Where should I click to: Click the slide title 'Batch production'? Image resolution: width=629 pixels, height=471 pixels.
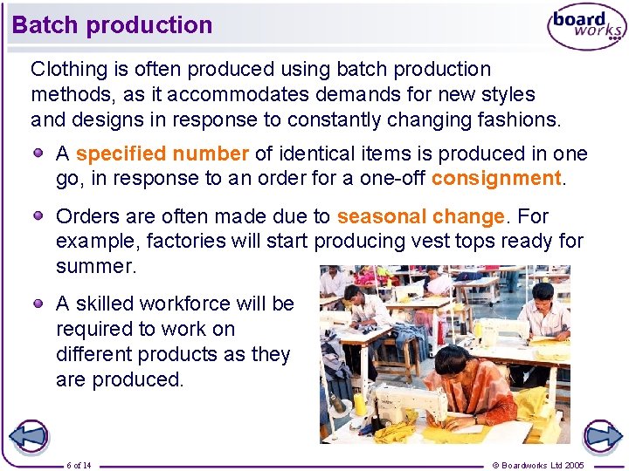[x=112, y=24]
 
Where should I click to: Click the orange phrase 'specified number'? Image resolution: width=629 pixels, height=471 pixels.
[x=162, y=154]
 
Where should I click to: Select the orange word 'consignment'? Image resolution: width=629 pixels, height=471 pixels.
[x=495, y=179]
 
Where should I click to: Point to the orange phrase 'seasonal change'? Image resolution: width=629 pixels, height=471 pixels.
[x=420, y=216]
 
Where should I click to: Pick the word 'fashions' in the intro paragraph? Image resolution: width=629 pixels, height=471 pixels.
[x=518, y=119]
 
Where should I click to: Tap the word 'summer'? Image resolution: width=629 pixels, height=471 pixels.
[x=95, y=266]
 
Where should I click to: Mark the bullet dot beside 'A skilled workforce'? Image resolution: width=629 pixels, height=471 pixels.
[x=39, y=303]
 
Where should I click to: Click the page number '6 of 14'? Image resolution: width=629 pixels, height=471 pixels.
[x=79, y=465]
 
